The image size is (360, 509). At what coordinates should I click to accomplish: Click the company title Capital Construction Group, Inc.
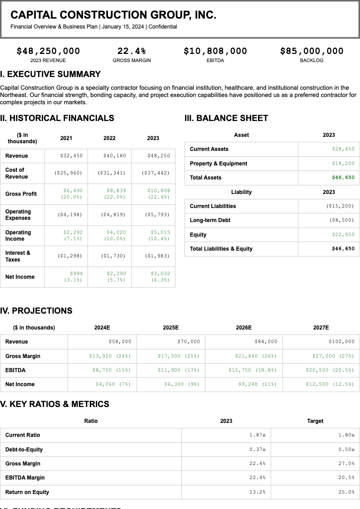click(x=113, y=15)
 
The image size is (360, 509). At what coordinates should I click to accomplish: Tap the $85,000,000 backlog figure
click(x=311, y=51)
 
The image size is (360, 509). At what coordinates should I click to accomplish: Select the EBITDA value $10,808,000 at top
click(x=215, y=51)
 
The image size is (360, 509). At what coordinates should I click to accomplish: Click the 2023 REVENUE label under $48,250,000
click(x=48, y=60)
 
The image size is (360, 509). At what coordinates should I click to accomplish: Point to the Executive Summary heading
click(x=50, y=74)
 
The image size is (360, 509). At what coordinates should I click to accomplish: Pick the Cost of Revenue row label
click(x=17, y=173)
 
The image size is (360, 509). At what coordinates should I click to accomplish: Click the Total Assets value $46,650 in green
click(x=343, y=177)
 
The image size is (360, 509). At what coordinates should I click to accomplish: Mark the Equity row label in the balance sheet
click(x=198, y=234)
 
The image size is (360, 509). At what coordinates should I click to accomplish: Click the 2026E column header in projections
click(x=243, y=327)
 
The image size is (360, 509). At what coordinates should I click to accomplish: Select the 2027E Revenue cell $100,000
click(x=341, y=341)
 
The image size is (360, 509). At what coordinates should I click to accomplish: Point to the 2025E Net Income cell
click(x=182, y=384)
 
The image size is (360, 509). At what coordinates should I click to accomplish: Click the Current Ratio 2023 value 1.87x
click(x=257, y=435)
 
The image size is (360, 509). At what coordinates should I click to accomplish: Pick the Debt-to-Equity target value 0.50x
click(x=346, y=449)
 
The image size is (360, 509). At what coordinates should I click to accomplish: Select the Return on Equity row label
click(x=27, y=492)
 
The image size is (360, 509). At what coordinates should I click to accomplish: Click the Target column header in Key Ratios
click(x=315, y=421)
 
